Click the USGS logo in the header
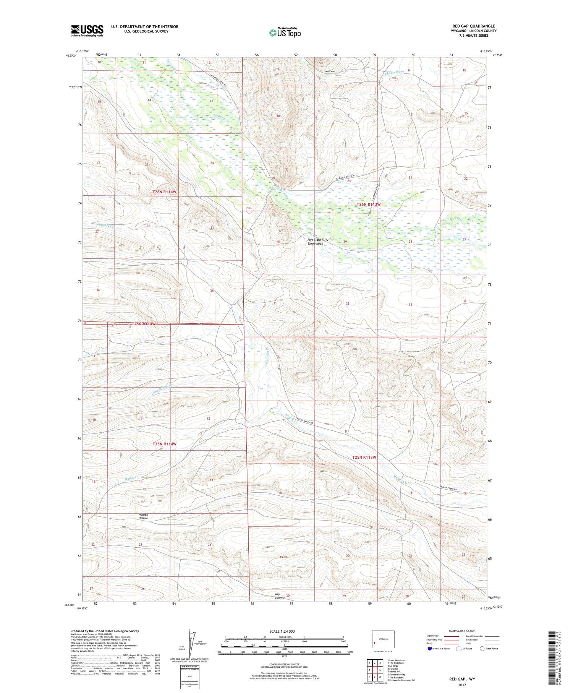pos(87,31)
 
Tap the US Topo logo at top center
pos(285,33)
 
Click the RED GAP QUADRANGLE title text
pos(474,26)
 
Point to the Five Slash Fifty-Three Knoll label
pos(318,242)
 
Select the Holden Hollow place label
pos(143,516)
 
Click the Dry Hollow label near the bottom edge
pos(280,596)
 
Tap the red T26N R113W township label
pos(369,204)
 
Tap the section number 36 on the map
pos(212,291)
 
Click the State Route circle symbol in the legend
pos(482,649)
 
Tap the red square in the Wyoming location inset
pos(374,643)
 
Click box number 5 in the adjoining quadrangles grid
pos(380,670)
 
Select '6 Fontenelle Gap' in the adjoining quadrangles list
pos(396,675)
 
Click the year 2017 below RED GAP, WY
pos(462,685)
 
